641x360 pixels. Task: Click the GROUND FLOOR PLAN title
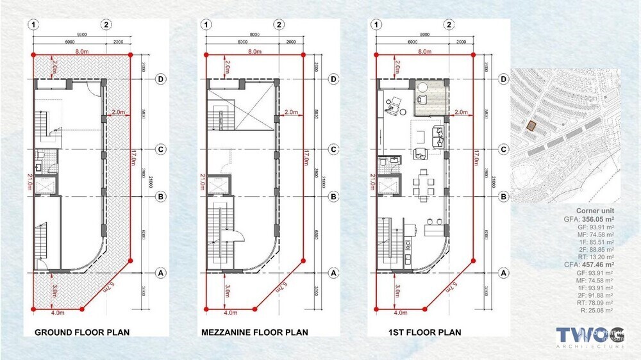click(x=82, y=332)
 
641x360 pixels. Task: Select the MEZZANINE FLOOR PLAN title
click(x=254, y=332)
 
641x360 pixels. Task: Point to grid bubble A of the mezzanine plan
click(x=333, y=272)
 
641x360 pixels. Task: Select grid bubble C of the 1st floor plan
click(x=504, y=149)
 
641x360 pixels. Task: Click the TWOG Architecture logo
click(x=590, y=337)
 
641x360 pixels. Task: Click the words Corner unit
click(x=595, y=210)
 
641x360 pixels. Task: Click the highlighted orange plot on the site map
click(x=530, y=126)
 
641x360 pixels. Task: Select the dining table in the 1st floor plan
click(x=424, y=184)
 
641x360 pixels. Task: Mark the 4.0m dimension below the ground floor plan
click(x=57, y=313)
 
